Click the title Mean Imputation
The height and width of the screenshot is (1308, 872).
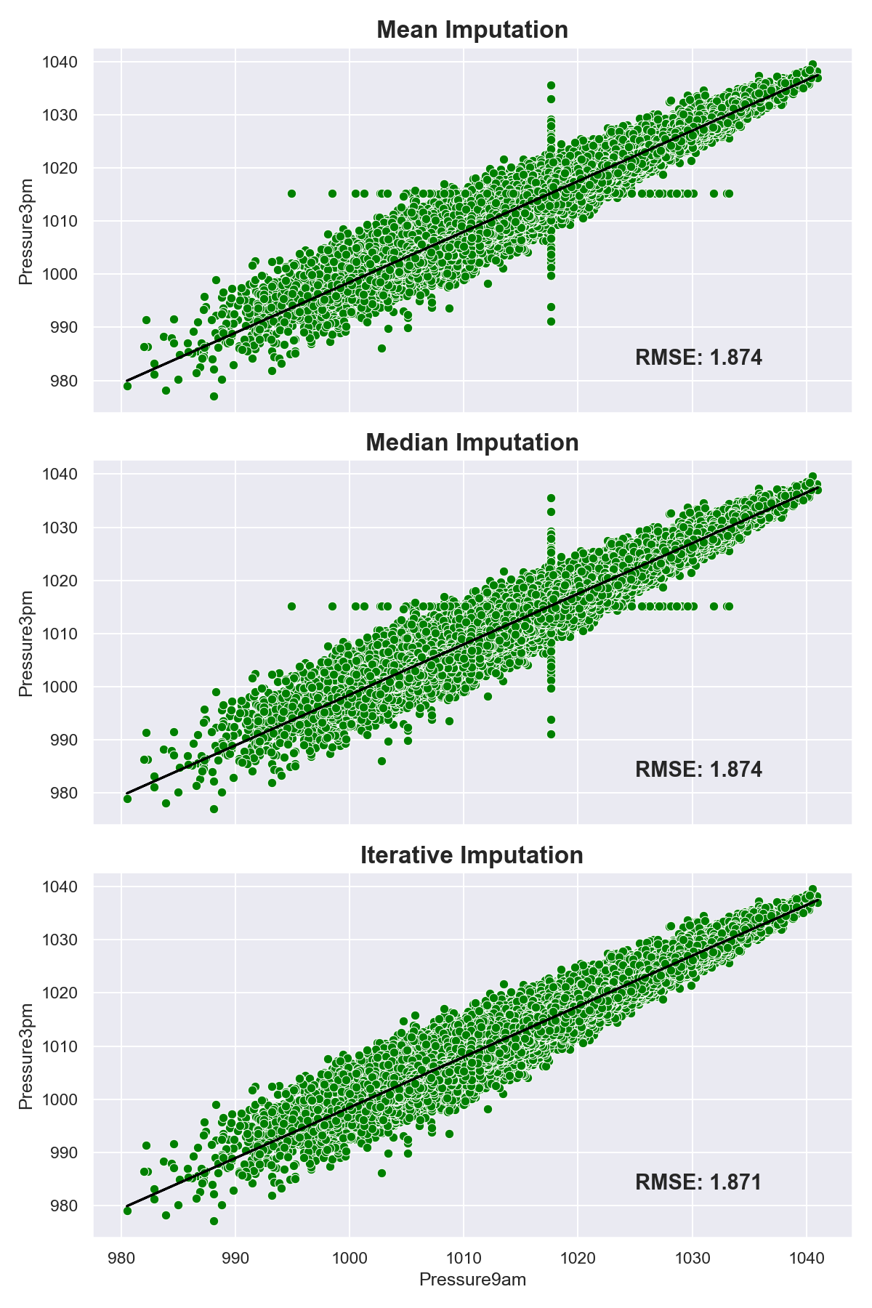pos(472,30)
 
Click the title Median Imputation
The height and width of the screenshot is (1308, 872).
pos(472,443)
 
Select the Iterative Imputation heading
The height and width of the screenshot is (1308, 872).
pos(472,855)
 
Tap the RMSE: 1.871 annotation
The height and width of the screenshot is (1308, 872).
pos(698,1182)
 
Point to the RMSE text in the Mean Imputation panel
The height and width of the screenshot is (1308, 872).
pos(698,358)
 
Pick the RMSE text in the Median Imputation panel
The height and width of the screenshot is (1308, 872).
pos(698,770)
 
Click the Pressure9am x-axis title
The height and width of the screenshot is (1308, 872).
pos(472,1280)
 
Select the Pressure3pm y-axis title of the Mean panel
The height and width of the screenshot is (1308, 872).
pos(26,231)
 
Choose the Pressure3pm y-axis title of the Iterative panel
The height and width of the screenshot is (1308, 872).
pos(26,1056)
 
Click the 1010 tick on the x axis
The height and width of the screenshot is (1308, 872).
pos(464,1258)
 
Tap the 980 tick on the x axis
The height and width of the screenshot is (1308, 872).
pos(121,1258)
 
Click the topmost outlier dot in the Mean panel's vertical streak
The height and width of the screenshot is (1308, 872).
pos(551,85)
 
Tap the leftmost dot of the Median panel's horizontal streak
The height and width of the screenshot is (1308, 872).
pos(291,606)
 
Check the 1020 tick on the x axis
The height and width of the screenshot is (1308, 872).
pos(578,1258)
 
